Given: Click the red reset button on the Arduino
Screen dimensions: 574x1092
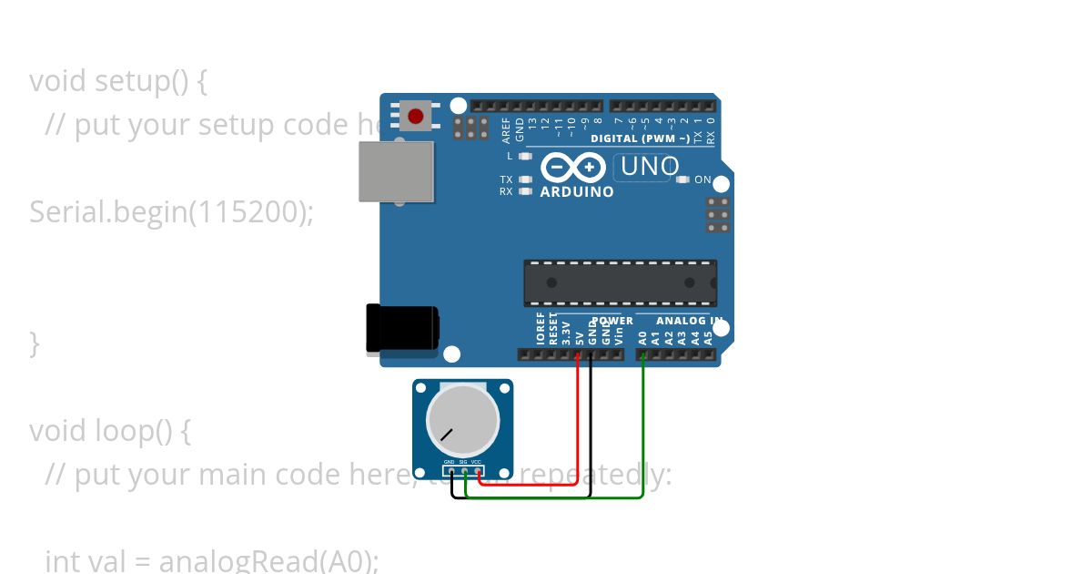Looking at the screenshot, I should pos(416,117).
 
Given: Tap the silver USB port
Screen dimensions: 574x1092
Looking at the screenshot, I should pos(396,171).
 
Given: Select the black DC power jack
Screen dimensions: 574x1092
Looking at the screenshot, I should pos(401,328).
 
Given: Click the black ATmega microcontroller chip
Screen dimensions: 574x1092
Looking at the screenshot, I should pos(620,282).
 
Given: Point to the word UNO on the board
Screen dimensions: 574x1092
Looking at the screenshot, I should pos(649,167).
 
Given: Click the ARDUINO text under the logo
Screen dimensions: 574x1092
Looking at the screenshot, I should pos(577,192).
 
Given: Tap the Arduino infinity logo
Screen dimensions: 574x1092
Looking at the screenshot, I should pos(574,168).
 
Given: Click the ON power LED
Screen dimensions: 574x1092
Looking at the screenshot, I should pos(683,179).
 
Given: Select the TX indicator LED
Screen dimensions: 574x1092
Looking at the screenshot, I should pos(525,179).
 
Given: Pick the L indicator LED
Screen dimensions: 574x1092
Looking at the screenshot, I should pos(525,156).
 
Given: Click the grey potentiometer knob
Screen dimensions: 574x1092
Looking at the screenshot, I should pos(462,421).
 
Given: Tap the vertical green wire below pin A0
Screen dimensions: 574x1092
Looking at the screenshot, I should pos(643,419).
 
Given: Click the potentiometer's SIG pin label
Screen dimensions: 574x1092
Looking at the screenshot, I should pos(463,462).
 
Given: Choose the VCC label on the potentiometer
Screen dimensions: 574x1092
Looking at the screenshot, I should pos(476,462).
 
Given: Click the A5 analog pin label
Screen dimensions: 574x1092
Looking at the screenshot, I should pos(708,337).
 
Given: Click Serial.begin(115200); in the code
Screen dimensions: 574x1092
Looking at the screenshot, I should pos(171,211).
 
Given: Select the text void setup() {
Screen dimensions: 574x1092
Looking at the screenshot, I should pos(118,81).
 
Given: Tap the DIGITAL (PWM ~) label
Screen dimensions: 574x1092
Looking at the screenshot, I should pos(640,138).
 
